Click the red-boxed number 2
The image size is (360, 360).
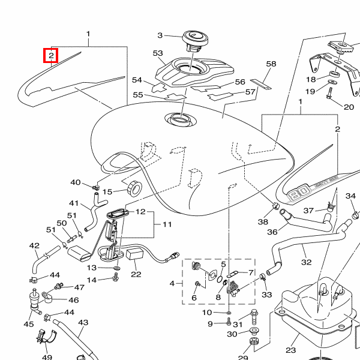click(52, 56)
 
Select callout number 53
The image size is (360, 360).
click(158, 53)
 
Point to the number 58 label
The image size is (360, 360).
click(271, 64)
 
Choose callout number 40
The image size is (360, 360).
click(76, 182)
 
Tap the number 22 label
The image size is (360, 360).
click(136, 274)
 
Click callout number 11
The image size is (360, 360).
click(166, 224)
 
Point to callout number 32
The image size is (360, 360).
click(307, 262)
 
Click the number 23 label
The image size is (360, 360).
click(291, 350)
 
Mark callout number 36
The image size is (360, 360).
click(272, 232)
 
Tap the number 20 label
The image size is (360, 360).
click(349, 107)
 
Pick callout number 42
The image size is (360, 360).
click(34, 245)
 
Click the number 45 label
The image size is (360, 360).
click(29, 324)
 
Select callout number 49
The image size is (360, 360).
click(47, 357)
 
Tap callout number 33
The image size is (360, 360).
click(267, 295)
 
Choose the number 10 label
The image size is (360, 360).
click(206, 313)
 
